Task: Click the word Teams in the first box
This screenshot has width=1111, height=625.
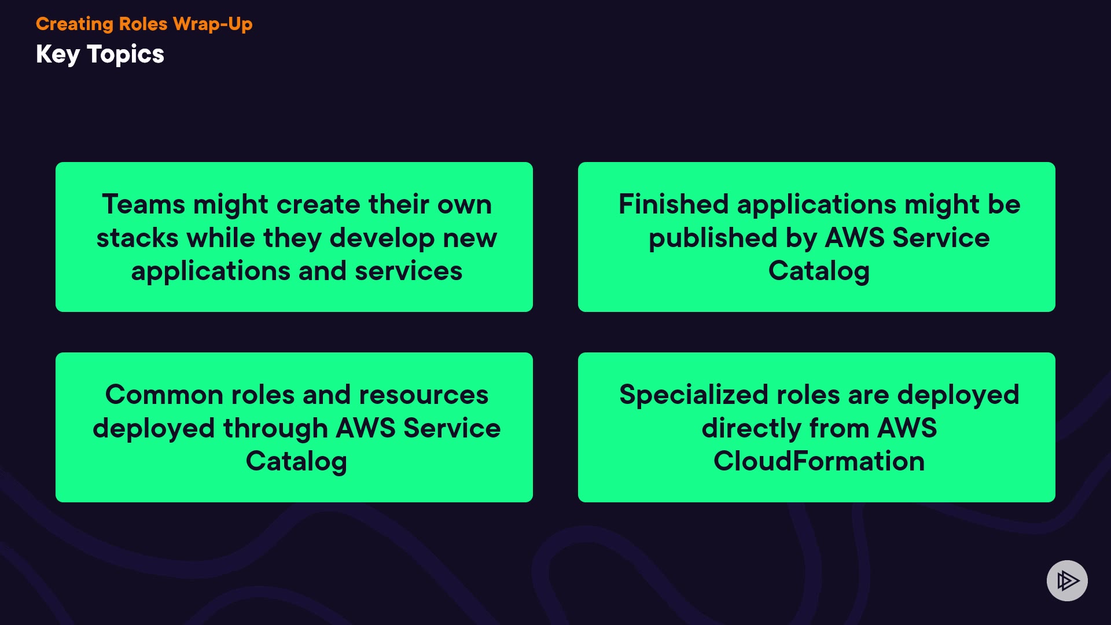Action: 144,204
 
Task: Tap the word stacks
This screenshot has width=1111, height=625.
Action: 137,238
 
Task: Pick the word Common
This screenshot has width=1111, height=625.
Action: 164,395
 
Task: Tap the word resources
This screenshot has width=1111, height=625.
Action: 424,395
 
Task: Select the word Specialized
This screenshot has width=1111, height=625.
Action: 693,395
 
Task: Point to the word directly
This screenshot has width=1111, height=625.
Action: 751,428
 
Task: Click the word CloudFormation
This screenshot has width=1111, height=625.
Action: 819,461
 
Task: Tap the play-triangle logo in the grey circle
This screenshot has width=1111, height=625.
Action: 1067,580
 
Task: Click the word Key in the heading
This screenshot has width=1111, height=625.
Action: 57,54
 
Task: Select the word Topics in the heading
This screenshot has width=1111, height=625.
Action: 126,54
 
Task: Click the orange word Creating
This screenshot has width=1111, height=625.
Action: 75,24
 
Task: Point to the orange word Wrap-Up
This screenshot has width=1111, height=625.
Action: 212,24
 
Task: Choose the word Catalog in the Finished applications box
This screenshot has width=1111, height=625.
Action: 819,271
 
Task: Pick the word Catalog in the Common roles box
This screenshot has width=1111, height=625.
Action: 296,461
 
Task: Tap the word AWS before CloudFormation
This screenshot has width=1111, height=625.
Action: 907,428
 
